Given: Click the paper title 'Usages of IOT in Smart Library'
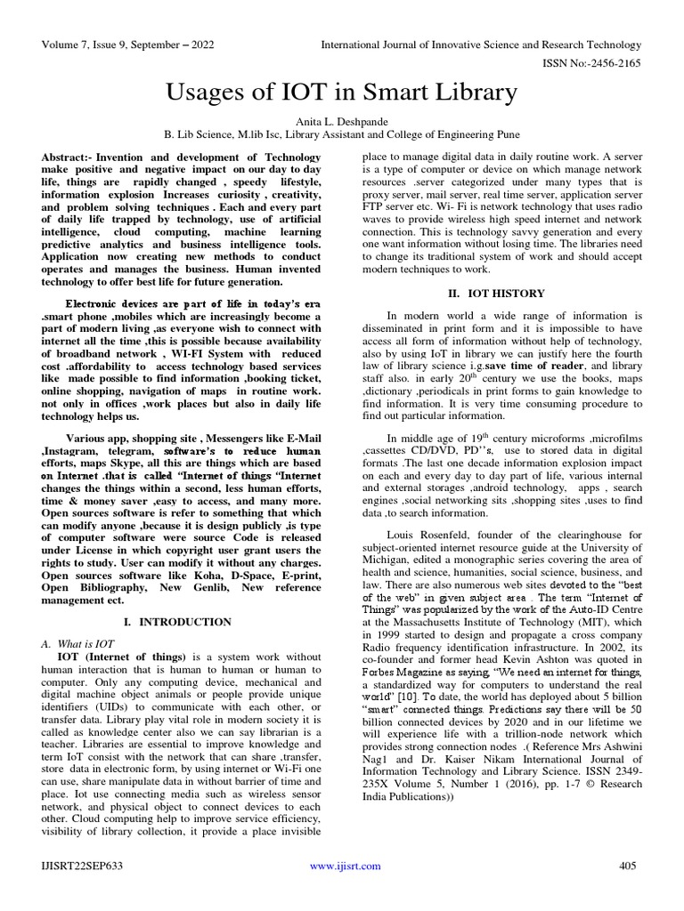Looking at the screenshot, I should [342, 92].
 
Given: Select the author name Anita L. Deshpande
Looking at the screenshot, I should [342, 121].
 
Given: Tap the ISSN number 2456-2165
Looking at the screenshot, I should [611, 63].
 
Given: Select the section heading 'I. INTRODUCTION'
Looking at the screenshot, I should [181, 621].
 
